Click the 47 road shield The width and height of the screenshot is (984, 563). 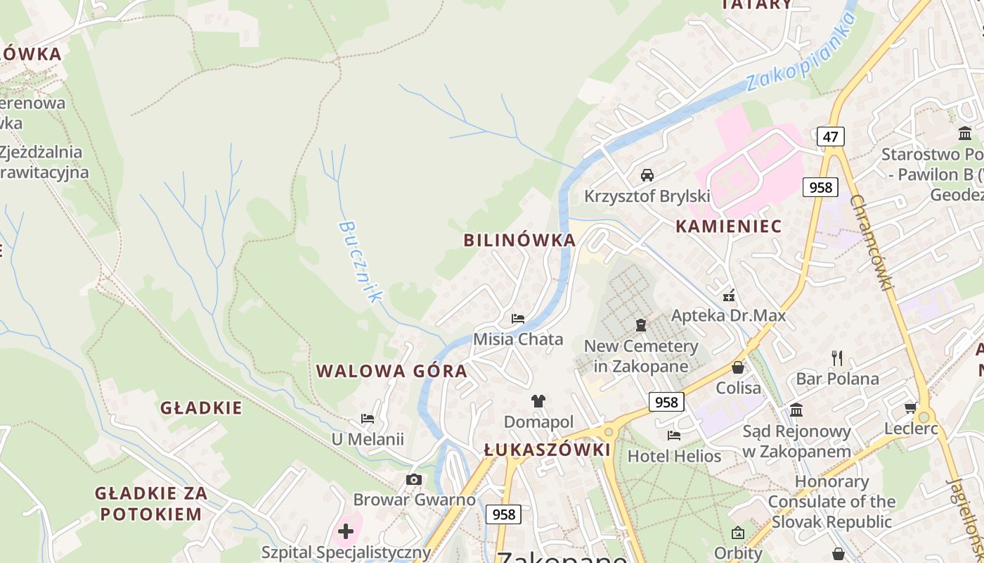[830, 136]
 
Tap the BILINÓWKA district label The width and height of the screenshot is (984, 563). [519, 240]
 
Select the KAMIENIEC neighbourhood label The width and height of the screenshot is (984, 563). [729, 226]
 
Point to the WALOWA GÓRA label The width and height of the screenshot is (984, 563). [391, 371]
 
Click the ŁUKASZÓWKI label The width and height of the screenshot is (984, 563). [547, 450]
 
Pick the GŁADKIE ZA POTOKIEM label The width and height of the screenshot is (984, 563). [151, 503]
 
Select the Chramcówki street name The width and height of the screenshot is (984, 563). [871, 242]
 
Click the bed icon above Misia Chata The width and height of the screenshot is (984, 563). [518, 319]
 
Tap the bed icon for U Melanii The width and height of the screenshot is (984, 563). [367, 419]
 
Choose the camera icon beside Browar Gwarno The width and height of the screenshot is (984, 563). [414, 480]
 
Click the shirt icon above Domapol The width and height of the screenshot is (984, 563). [538, 401]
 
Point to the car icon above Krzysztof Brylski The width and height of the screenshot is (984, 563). [647, 175]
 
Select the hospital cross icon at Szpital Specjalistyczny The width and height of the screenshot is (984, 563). [345, 531]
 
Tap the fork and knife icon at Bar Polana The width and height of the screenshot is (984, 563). [836, 358]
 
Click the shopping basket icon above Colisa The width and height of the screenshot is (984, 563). [738, 367]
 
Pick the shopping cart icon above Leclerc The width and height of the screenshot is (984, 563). [910, 407]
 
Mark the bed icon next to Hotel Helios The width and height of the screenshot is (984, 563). [674, 436]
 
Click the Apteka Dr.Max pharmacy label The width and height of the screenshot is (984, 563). [728, 315]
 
